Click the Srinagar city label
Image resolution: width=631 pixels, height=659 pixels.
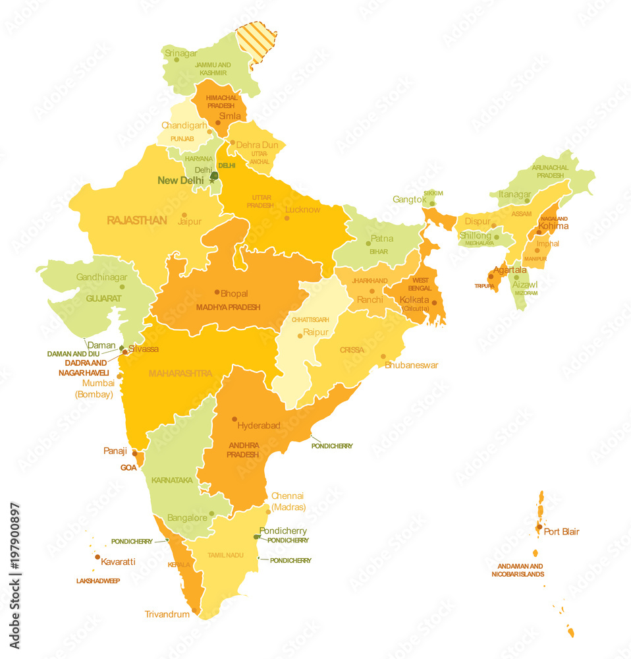point(180,53)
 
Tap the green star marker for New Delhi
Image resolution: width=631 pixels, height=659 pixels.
point(213,179)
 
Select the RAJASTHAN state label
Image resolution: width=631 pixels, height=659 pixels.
point(137,220)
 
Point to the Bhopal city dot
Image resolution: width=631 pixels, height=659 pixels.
point(217,292)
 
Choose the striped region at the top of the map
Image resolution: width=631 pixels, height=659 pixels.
point(257,41)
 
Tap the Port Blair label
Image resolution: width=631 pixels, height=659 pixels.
point(561,531)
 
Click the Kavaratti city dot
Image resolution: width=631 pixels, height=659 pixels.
point(97,557)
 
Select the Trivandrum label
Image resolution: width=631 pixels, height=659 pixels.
point(167,614)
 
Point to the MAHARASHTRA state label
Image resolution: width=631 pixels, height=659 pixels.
point(180,374)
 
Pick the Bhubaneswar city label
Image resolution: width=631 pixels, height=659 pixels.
point(411,365)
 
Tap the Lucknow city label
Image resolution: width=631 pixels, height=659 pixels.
point(302,210)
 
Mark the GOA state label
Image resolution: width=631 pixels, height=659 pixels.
point(128,467)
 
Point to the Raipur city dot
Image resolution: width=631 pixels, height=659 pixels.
point(300,335)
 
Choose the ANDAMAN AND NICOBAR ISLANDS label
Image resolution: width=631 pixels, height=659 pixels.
point(518,570)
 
